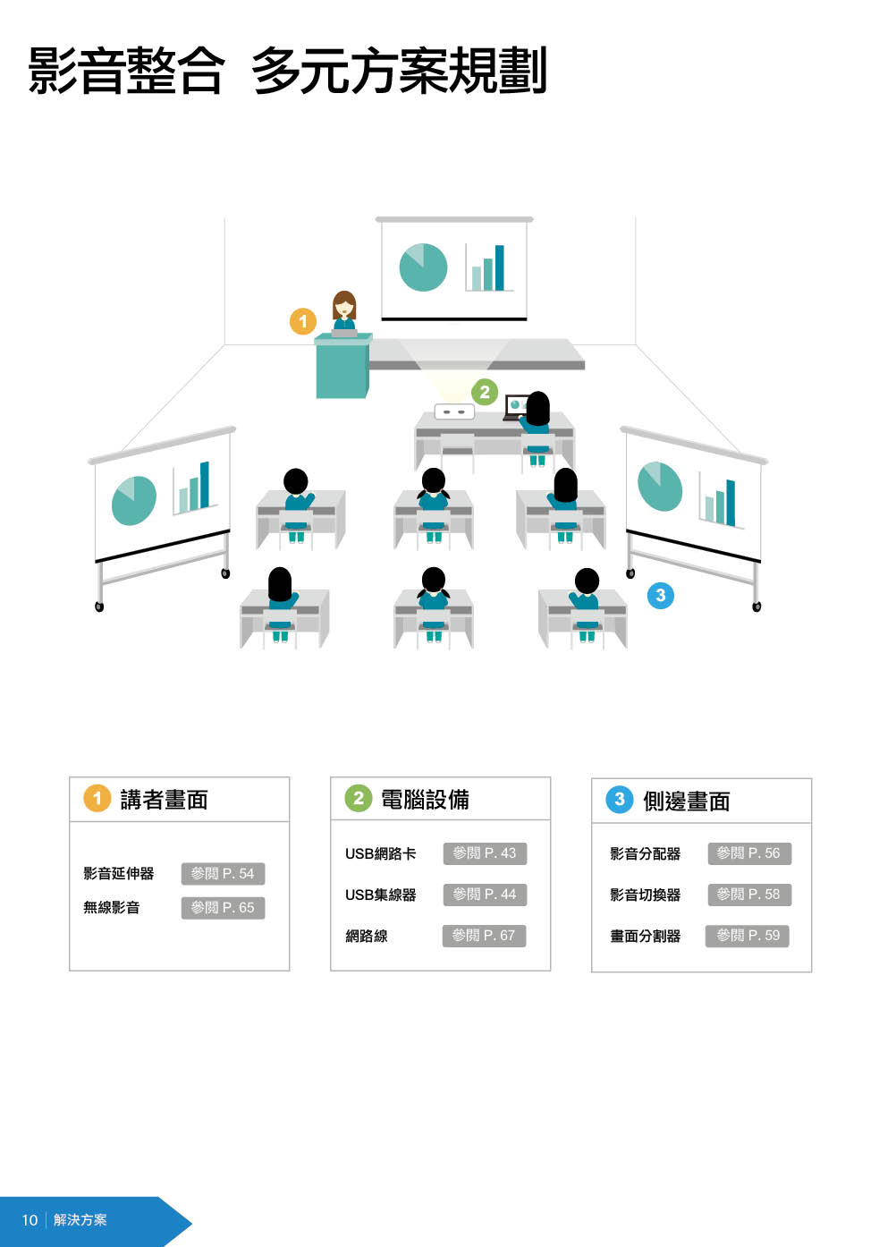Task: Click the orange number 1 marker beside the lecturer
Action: point(303,321)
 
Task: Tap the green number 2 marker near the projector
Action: point(485,392)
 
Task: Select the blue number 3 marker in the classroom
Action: point(660,595)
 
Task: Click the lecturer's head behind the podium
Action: point(344,305)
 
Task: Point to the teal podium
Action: point(342,368)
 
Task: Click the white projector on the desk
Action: point(454,412)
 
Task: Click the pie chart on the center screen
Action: point(423,267)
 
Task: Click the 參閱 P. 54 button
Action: point(223,874)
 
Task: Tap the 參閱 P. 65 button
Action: point(223,908)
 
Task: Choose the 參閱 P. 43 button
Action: point(485,853)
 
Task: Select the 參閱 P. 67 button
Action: point(484,936)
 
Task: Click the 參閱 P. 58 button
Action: point(748,895)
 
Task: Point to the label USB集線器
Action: point(380,895)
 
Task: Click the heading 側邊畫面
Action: point(686,802)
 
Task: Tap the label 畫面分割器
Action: point(645,936)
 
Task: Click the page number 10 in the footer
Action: point(30,1220)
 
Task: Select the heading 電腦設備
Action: point(425,800)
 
